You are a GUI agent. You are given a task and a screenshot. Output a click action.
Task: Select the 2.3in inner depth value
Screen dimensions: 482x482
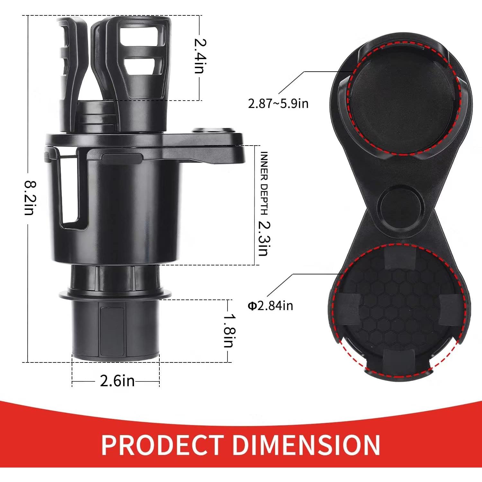tap(263, 238)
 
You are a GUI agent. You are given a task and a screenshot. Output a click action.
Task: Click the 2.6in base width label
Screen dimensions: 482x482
tap(117, 381)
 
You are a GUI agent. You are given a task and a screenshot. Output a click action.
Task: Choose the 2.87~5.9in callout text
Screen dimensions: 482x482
tap(278, 103)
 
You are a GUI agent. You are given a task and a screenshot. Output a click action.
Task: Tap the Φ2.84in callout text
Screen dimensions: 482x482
tap(270, 306)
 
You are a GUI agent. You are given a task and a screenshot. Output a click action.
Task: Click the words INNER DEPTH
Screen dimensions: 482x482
tap(264, 183)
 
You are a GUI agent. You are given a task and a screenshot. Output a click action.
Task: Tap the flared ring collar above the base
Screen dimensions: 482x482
tap(116, 294)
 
